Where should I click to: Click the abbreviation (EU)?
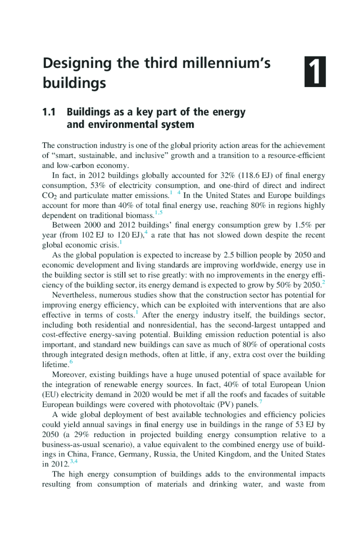pos(50,394)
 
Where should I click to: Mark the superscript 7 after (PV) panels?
pos(260,402)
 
